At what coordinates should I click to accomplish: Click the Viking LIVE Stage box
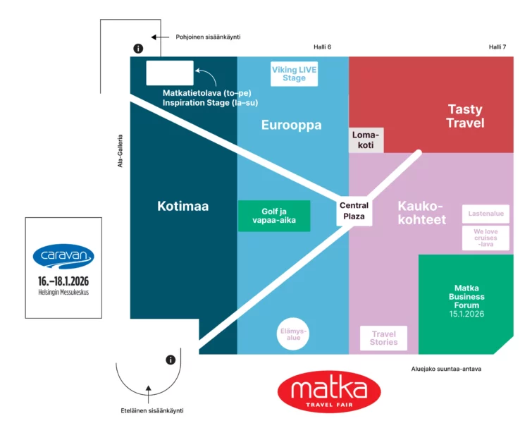point(294,73)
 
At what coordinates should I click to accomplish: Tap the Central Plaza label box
point(354,211)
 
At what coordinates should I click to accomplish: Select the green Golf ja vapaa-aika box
point(274,216)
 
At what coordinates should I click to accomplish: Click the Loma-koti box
point(366,140)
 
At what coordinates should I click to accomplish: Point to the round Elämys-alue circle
point(293,334)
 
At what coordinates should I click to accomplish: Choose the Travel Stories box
point(383,338)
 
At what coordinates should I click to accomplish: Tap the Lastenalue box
point(485,214)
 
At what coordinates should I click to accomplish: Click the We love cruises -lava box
point(485,238)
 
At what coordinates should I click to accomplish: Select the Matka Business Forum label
point(466,301)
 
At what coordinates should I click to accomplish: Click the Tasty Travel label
point(465,116)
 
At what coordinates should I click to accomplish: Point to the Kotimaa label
point(183,206)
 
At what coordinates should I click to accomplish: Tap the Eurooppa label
point(292,125)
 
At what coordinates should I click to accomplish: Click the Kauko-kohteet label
point(421,213)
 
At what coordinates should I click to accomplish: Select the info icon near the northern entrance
point(138,49)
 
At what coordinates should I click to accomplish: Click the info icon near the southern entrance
point(171,360)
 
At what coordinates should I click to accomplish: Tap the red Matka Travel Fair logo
point(329,392)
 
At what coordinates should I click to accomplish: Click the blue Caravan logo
point(63,257)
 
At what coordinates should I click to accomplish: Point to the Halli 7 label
point(497,47)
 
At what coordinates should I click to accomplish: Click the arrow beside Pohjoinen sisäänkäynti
point(160,37)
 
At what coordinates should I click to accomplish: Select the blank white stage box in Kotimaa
point(170,73)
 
